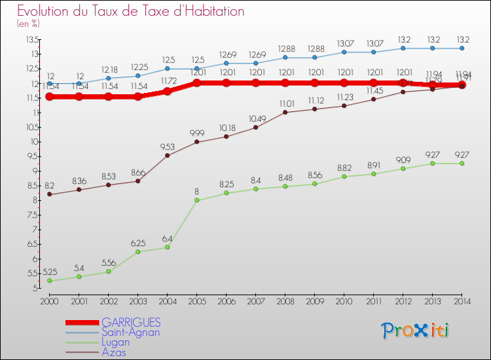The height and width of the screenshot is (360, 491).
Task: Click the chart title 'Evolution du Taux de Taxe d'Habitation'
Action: (130, 11)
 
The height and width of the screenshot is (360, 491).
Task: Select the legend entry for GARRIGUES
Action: (130, 323)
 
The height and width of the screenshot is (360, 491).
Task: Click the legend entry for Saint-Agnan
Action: (130, 332)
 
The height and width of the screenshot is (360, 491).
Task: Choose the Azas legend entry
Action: (114, 351)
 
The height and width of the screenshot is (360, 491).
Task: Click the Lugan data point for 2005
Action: (196, 200)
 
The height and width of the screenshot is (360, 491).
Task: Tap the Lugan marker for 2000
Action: (49, 281)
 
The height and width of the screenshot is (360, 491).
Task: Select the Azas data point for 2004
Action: (167, 155)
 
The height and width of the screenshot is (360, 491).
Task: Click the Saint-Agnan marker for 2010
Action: (344, 52)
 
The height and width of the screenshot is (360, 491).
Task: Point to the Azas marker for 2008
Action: (285, 112)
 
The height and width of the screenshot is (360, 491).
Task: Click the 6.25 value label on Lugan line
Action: (137, 242)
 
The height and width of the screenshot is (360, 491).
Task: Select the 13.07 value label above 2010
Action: (344, 43)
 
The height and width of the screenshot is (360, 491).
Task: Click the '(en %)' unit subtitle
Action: (28, 24)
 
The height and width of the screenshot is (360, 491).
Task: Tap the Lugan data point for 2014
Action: (462, 163)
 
